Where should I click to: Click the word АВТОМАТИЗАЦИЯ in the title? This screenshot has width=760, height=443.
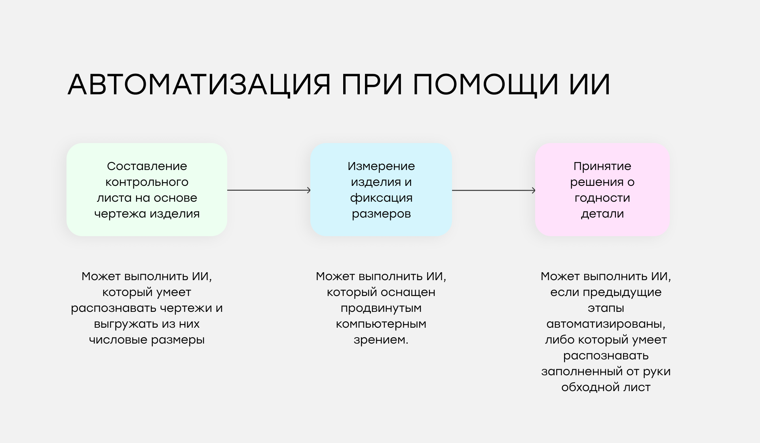[x=199, y=84]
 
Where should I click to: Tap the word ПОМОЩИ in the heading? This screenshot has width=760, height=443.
[x=486, y=85]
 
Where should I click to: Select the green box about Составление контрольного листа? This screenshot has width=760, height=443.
[x=147, y=190]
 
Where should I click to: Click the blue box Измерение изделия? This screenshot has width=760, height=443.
[x=381, y=190]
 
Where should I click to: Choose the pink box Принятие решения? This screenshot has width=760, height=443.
[x=602, y=190]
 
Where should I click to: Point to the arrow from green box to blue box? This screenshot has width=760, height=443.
[x=269, y=190]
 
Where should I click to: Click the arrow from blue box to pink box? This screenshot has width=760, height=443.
[x=494, y=190]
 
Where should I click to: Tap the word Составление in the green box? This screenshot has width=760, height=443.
[x=147, y=166]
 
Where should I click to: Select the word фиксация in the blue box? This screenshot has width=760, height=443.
[x=381, y=198]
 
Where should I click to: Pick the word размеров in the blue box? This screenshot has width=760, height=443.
[x=381, y=214]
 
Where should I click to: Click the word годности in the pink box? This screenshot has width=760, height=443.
[x=602, y=198]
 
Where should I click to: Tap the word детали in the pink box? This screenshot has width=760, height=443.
[x=602, y=214]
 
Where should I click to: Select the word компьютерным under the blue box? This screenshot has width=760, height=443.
[x=381, y=324]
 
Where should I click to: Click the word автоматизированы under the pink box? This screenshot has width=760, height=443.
[x=606, y=324]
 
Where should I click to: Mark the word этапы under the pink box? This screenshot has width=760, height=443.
[x=606, y=308]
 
